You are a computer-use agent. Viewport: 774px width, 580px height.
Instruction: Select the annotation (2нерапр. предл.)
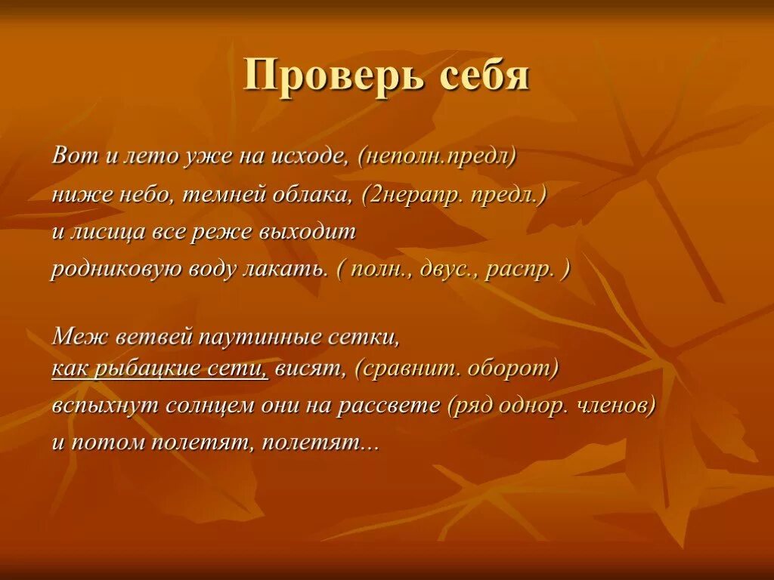454,195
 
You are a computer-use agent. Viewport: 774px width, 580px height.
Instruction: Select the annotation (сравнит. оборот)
457,369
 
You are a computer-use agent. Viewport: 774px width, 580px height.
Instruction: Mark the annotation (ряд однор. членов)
550,406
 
